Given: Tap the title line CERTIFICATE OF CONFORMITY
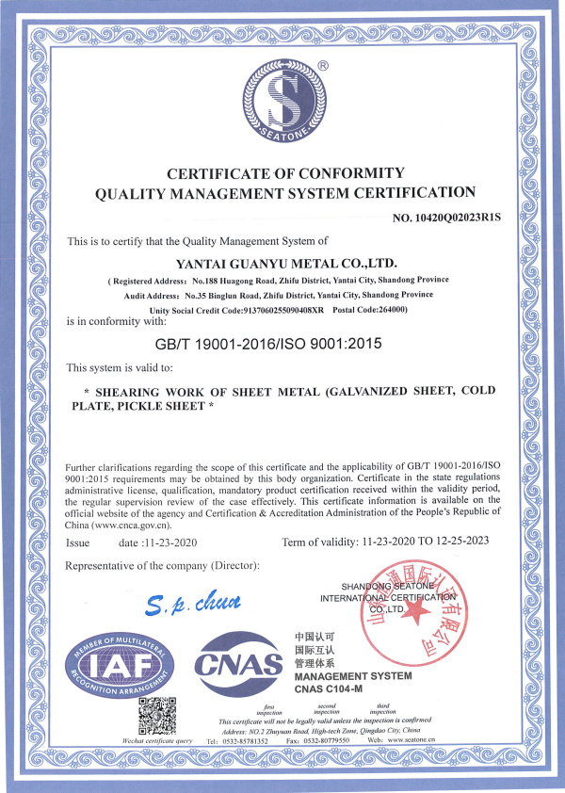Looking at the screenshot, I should pos(285,173).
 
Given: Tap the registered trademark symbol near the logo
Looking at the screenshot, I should pos(323,66).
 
